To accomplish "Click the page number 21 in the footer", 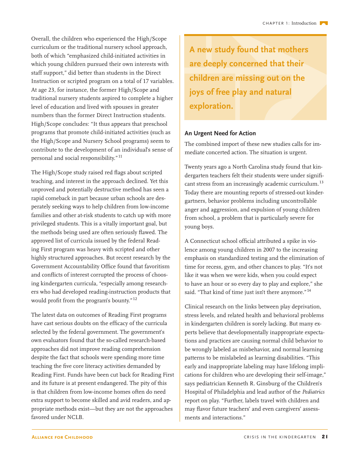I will (x=325, y=437).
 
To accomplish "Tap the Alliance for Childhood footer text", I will (x=62, y=437).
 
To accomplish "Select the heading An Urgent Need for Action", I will (x=220, y=133).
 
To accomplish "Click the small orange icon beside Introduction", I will (x=323, y=23).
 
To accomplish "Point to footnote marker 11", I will (x=120, y=156).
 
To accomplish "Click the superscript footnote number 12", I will (x=135, y=299).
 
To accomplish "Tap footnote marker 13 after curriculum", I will (x=321, y=182).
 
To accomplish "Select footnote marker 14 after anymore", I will (x=309, y=291).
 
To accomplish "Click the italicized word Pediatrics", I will (x=313, y=392).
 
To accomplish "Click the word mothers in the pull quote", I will (x=293, y=50).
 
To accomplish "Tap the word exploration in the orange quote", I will (x=211, y=106).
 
